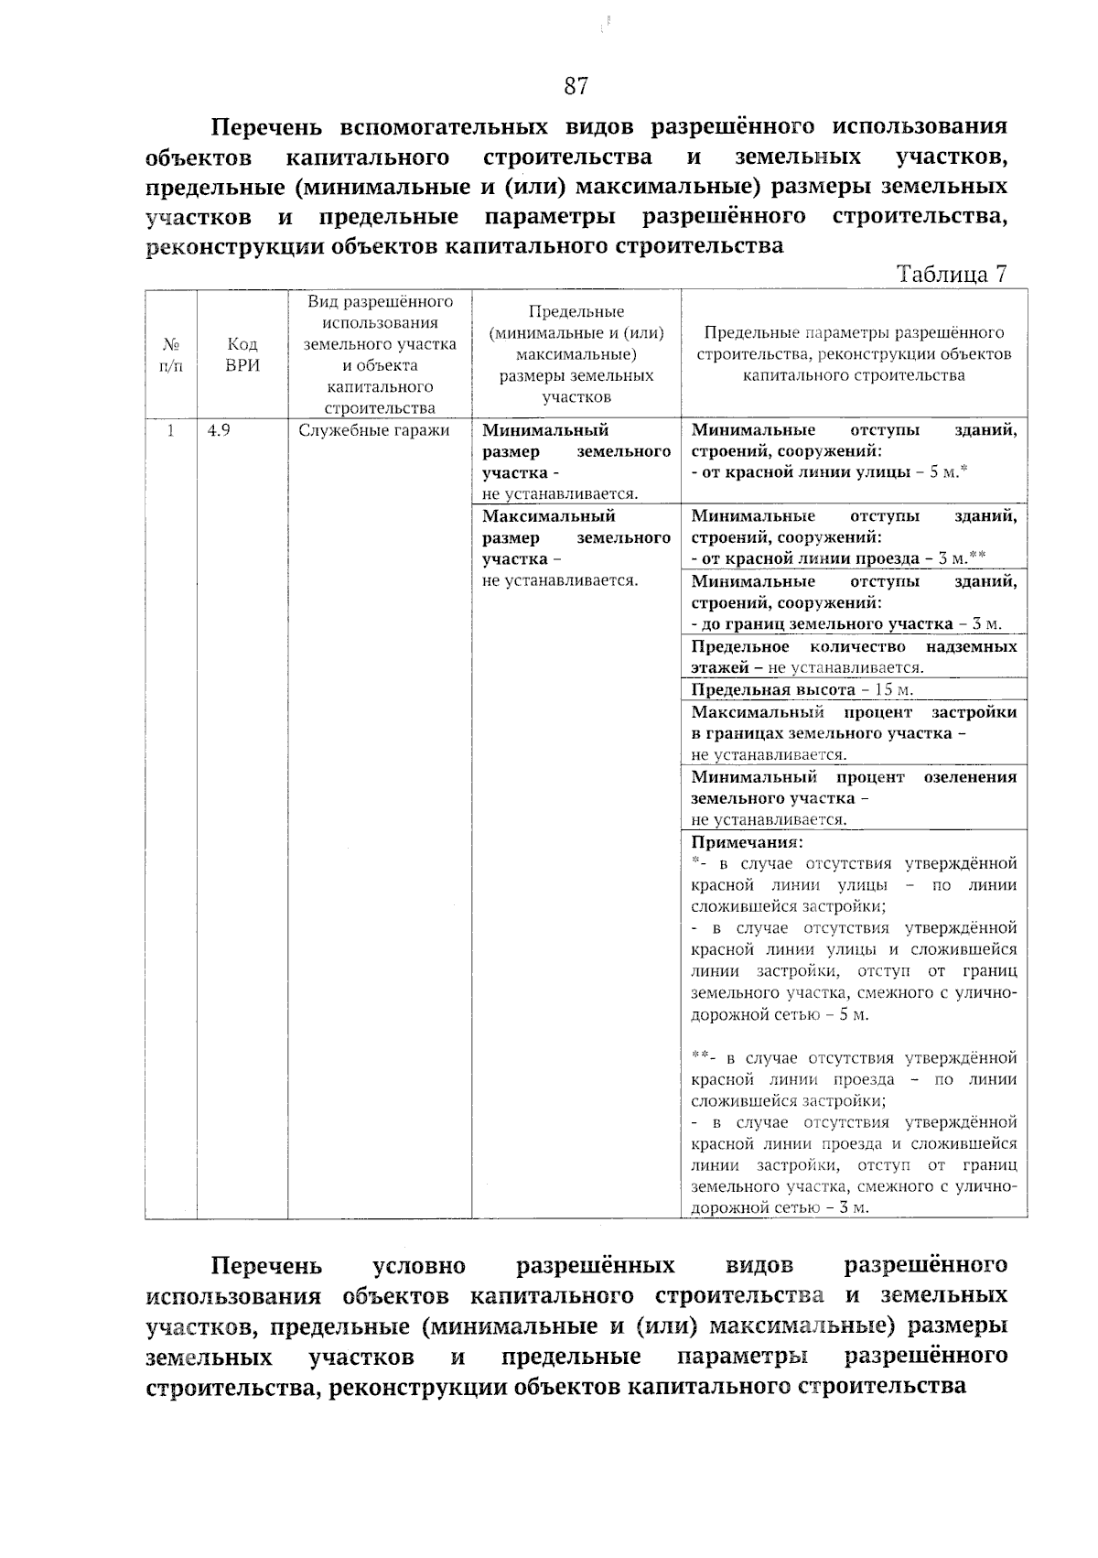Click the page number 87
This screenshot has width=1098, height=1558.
576,87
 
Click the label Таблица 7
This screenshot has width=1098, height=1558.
953,275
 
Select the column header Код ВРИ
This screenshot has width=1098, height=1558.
242,354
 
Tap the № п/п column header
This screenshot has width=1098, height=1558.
171,354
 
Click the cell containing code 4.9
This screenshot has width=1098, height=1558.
219,430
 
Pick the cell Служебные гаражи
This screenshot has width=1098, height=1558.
374,430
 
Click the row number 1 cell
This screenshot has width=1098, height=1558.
171,430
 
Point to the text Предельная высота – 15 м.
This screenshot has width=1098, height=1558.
802,689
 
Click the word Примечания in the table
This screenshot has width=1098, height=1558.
747,842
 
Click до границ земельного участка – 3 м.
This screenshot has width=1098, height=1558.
846,624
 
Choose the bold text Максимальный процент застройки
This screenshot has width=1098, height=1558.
853,712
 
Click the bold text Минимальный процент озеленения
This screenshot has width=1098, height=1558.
853,777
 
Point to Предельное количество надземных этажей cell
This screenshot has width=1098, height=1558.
853,656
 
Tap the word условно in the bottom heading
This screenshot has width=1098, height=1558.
419,1266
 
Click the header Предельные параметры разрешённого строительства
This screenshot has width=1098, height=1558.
853,354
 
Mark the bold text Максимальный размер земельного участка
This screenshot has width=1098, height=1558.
576,537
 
